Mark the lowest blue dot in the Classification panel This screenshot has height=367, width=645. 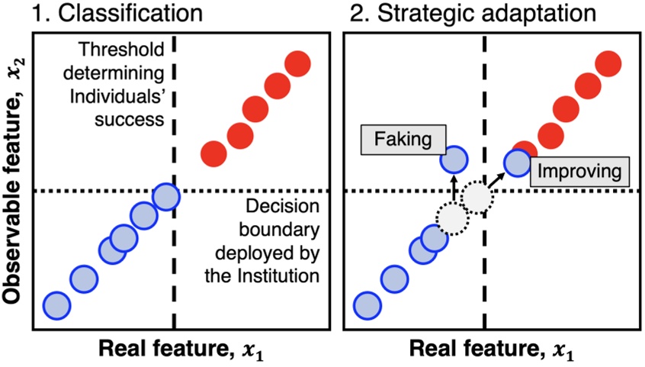56,305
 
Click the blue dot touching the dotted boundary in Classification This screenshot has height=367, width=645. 165,198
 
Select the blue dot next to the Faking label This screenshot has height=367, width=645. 454,159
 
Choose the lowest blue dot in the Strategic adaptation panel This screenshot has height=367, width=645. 366,305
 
